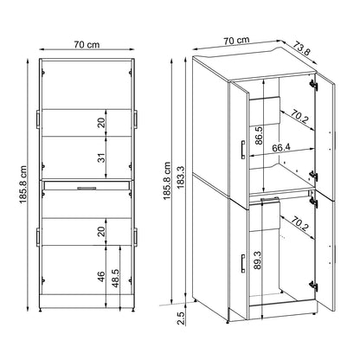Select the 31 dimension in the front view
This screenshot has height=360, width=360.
pos(100,157)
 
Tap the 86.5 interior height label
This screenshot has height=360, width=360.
pos(260,137)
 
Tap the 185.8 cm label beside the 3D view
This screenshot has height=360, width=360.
pos(164,183)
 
